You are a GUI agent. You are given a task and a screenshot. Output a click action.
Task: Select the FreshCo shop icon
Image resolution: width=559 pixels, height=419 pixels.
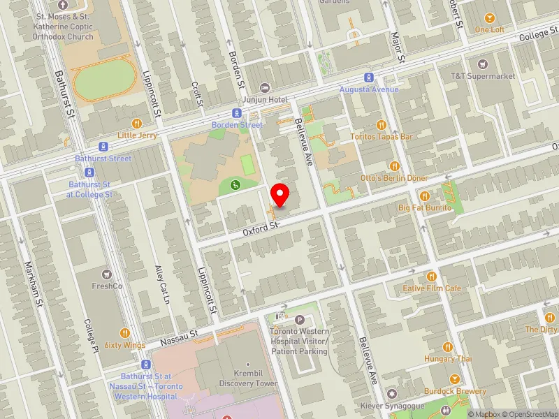(x=107, y=274)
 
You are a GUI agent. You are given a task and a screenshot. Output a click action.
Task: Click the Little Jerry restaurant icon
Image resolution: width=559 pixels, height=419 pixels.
(x=127, y=123)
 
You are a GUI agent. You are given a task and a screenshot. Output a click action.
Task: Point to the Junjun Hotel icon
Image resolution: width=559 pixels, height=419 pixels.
(x=264, y=87)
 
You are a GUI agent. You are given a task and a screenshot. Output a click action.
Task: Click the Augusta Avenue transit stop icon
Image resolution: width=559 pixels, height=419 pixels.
(x=369, y=78)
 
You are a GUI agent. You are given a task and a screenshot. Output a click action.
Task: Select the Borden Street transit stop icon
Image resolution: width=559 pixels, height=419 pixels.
(x=238, y=113)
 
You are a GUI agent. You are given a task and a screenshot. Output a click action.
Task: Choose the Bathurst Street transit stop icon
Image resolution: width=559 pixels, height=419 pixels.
(x=103, y=147)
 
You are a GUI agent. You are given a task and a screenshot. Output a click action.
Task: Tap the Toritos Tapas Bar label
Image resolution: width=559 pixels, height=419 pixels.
(x=382, y=136)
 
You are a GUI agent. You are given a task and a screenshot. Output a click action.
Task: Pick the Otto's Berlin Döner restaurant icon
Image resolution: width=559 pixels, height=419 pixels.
(x=394, y=166)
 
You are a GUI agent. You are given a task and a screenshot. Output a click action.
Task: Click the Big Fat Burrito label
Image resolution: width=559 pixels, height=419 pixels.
(x=425, y=208)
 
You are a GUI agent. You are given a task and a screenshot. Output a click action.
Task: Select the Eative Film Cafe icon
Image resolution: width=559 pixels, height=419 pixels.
(x=431, y=276)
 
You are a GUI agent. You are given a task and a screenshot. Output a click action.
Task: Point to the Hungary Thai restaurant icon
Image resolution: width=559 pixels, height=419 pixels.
(x=447, y=347)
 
